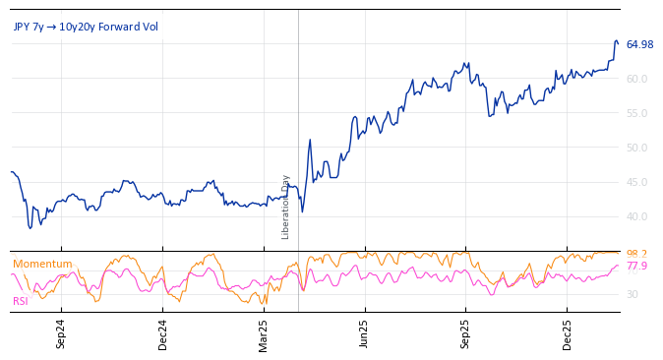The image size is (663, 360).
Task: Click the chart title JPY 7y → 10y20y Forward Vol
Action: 86,27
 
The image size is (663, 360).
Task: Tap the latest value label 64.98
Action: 639,44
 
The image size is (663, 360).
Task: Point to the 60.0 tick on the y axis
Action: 636,79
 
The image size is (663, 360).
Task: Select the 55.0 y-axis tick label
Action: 636,113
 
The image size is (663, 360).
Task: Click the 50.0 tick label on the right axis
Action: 636,148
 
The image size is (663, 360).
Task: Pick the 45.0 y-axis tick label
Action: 636,182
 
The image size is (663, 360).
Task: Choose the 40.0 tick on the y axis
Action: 636,216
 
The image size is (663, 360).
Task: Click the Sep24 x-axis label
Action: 61,334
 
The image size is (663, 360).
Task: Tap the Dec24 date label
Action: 163,334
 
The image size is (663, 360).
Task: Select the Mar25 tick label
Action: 264,334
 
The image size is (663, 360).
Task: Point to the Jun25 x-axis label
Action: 364,334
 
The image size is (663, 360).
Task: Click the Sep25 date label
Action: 466,334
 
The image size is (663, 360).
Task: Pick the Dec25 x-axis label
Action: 567,334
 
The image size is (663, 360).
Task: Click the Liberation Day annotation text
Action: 286,208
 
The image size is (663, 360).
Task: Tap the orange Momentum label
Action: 42,264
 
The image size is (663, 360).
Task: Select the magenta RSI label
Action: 20,301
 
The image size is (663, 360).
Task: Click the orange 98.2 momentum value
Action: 636,254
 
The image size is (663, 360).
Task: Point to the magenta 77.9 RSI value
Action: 636,267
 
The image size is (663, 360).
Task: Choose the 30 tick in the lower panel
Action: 632,294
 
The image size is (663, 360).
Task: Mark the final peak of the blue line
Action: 616,41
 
